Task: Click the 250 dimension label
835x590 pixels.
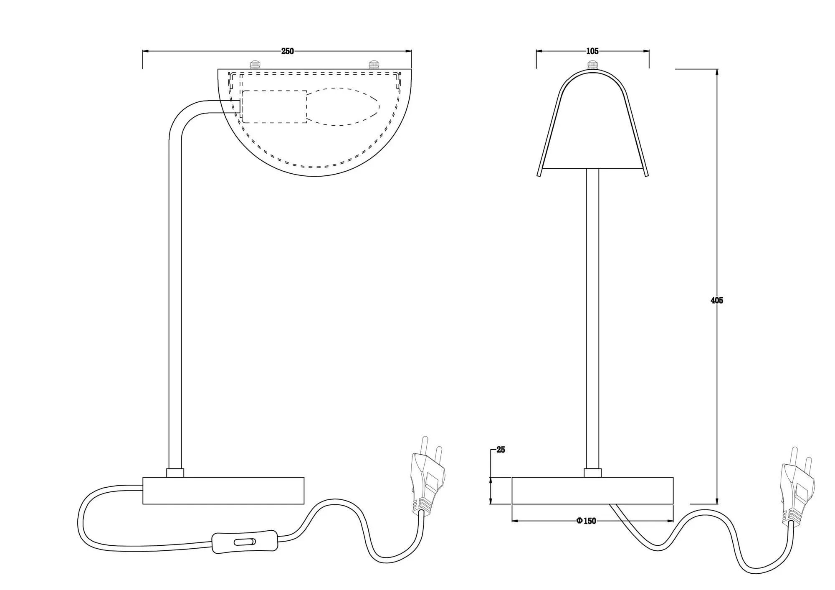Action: coord(287,51)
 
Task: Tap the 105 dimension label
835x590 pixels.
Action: coord(592,51)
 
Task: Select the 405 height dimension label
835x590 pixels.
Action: coord(717,300)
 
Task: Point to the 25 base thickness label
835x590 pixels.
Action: coord(501,450)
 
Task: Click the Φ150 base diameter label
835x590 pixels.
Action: coord(586,521)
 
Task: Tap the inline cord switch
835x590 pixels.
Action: coord(245,542)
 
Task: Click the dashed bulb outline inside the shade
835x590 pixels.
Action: coord(343,106)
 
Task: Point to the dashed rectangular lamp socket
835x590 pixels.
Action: coord(274,106)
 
